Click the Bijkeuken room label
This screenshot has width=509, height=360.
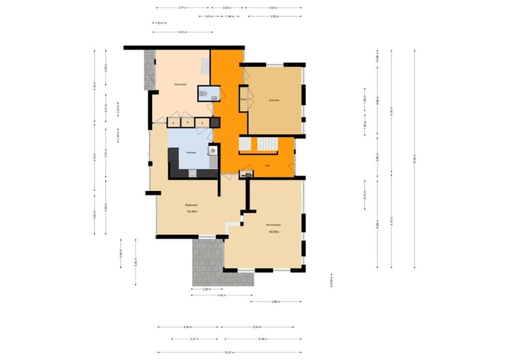click(181, 84)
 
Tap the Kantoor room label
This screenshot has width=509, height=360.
click(274, 100)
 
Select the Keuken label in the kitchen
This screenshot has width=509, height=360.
click(190, 153)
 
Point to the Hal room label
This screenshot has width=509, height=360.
click(267, 165)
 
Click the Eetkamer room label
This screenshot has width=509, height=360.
click(191, 204)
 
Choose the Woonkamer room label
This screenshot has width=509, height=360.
click(274, 224)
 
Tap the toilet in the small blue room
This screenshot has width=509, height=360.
click(203, 91)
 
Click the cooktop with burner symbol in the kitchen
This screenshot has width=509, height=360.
click(213, 150)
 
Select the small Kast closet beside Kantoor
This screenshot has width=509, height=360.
click(243, 100)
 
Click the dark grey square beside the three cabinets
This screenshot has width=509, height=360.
click(215, 123)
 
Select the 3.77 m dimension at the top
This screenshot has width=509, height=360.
click(182, 8)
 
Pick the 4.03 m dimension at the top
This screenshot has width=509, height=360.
click(273, 8)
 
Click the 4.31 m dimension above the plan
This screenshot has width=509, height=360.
click(182, 32)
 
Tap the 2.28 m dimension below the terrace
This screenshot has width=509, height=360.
click(206, 289)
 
